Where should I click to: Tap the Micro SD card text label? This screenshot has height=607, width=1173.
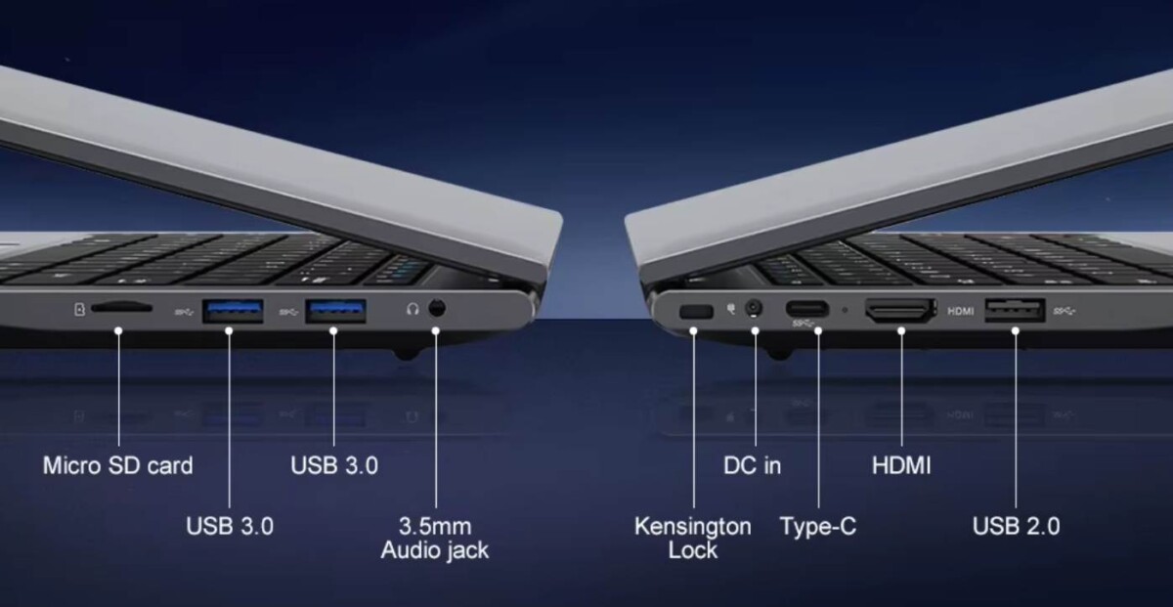117,465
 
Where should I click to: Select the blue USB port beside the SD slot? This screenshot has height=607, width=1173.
233,310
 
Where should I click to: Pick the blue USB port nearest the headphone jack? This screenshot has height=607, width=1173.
335,310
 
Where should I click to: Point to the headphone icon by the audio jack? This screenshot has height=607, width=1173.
413,309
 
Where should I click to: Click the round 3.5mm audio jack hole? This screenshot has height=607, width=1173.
436,309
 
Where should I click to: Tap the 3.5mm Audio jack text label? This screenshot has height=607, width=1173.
434,538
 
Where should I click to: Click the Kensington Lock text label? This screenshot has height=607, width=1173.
693,538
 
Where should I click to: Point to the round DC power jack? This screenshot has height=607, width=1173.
754,310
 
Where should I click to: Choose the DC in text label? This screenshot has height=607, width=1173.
752,465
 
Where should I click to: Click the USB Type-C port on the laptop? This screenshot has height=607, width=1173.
806,308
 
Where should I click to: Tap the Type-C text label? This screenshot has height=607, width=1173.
817,526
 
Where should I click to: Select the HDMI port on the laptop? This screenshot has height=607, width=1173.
899,311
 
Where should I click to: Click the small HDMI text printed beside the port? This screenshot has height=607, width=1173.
961,312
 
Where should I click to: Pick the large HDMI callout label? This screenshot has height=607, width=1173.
901,465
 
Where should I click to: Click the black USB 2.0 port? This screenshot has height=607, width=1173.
1015,311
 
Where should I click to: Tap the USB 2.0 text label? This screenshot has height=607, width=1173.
1016,526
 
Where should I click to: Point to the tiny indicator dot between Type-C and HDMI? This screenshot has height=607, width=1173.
846,311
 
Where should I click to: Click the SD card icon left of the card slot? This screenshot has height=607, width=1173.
79,310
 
